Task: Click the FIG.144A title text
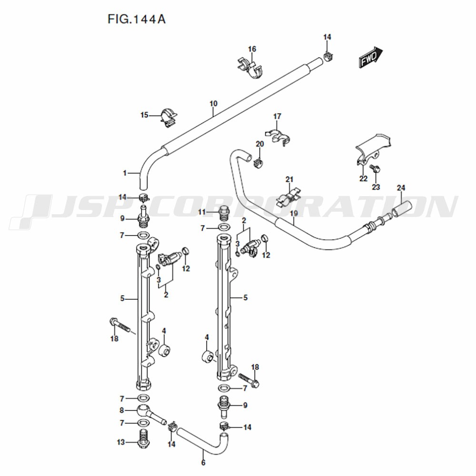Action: [x=137, y=19]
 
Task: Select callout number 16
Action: [x=252, y=49]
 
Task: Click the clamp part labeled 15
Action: [x=169, y=117]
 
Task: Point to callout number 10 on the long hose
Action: [x=213, y=103]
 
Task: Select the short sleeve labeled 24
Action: [x=402, y=209]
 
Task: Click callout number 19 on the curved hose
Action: [x=294, y=213]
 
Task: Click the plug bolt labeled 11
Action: [x=223, y=212]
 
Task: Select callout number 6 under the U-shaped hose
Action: [x=203, y=462]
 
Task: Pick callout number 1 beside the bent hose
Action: [x=124, y=173]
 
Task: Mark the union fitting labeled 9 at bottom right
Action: [x=224, y=406]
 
